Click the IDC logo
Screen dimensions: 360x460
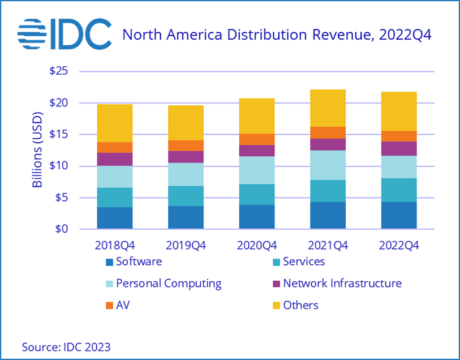pos(64,35)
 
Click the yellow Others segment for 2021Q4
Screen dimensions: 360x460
pos(328,108)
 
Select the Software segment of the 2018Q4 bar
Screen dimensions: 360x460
pos(115,218)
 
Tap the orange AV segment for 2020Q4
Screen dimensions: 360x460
pos(257,139)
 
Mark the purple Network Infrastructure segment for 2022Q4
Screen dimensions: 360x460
pos(399,148)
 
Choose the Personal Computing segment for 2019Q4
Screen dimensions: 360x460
pos(186,174)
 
